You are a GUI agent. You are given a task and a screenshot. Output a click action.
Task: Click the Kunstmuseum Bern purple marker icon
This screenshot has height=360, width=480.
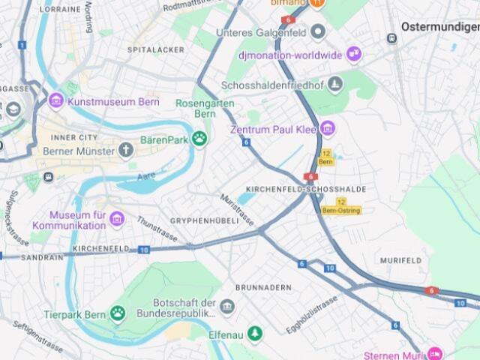[x=56, y=100]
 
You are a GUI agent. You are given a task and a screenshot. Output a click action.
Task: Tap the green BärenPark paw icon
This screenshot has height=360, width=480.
[x=199, y=138]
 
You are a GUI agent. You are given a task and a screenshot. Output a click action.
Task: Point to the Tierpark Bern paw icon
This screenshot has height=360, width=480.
[x=118, y=313]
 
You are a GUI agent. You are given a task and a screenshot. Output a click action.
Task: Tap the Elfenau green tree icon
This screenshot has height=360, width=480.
[x=256, y=333]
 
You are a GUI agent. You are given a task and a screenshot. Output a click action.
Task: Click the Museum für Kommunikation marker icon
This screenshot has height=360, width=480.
[x=116, y=219]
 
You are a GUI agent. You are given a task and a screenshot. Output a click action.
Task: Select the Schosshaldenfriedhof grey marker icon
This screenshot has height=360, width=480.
[x=335, y=84]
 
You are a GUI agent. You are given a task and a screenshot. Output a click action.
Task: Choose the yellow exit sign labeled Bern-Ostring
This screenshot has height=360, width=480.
[x=341, y=207]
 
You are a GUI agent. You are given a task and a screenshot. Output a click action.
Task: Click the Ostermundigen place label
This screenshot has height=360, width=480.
[x=439, y=26]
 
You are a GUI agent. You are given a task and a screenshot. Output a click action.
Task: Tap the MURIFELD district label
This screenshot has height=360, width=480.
[x=400, y=259]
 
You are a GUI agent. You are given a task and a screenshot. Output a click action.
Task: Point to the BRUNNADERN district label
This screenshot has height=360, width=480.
[x=262, y=287]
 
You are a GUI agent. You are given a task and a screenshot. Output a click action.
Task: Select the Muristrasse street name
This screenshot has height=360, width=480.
[x=237, y=209]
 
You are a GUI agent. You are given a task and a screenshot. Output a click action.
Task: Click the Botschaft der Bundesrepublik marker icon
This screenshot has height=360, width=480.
[x=226, y=307]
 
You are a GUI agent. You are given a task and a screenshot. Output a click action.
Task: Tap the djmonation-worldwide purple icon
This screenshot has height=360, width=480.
[x=353, y=55]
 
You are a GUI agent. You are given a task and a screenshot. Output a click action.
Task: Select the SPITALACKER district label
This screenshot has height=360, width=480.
[x=155, y=49]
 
